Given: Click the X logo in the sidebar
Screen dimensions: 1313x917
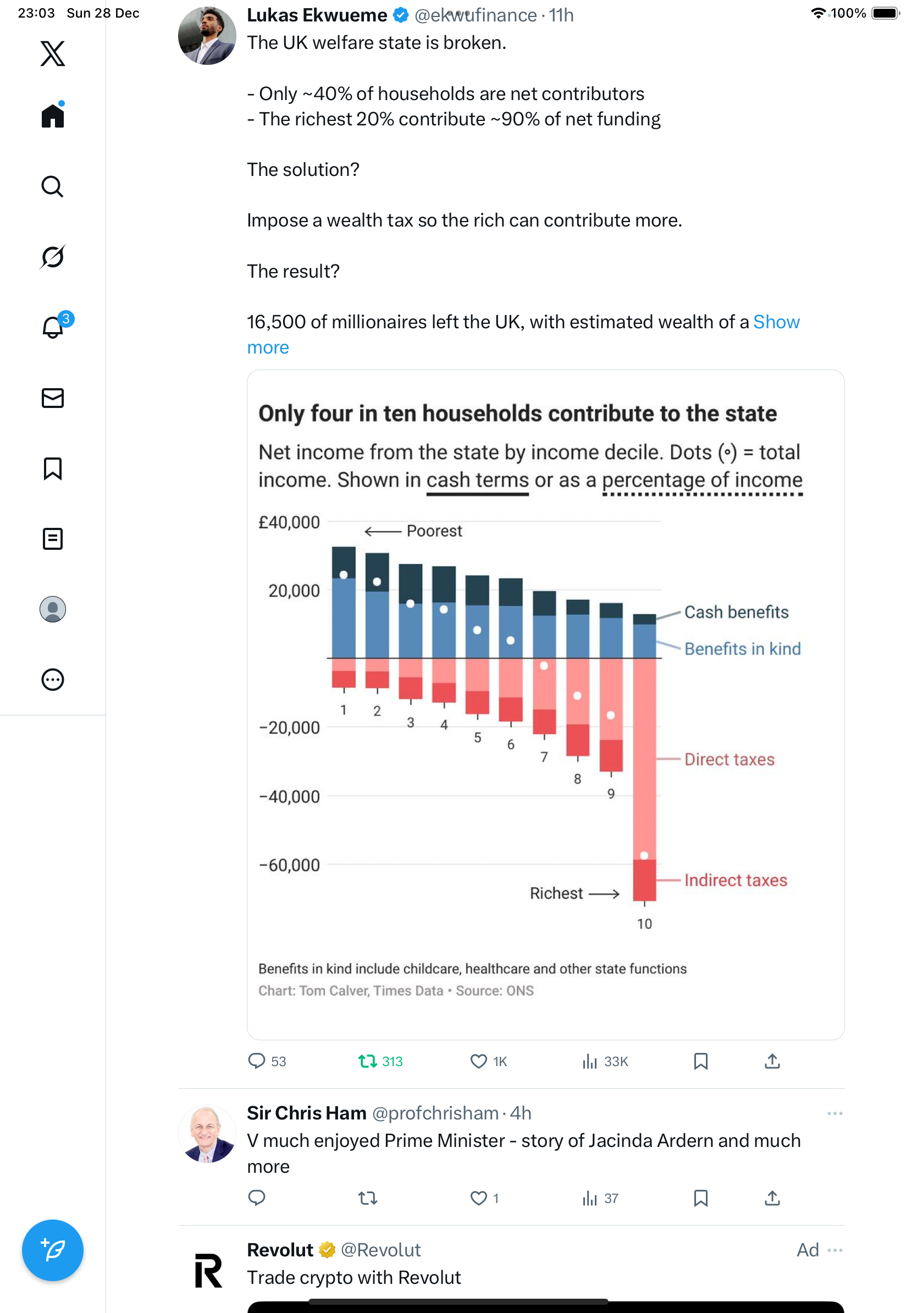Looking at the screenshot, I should tap(53, 53).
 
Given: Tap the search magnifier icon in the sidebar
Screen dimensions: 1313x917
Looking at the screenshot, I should tap(53, 186).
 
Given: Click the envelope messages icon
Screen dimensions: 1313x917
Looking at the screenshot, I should tap(53, 398).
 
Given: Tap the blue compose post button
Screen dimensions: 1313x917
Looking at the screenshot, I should tap(53, 1250).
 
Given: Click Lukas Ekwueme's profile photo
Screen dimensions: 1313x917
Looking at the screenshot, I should tap(207, 35).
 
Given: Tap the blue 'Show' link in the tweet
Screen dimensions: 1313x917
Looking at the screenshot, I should tap(776, 322).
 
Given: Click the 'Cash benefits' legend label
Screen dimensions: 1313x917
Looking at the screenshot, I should tap(736, 612).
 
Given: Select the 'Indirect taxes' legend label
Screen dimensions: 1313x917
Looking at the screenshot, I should tap(735, 880).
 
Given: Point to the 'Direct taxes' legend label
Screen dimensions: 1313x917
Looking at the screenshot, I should tap(729, 759).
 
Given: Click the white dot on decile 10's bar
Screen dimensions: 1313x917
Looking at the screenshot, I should tap(644, 856).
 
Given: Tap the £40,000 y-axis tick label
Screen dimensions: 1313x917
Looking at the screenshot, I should tap(289, 522).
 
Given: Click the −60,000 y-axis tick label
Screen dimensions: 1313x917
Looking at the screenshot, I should tap(289, 865).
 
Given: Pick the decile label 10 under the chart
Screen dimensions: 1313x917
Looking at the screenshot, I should tap(644, 924).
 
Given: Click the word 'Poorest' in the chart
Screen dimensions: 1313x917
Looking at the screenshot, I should tap(434, 531).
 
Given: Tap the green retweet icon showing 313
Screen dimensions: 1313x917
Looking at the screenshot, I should tap(367, 1061).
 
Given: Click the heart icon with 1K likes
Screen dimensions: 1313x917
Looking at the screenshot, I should tap(478, 1061).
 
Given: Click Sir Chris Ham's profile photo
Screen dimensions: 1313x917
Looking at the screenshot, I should tap(207, 1133).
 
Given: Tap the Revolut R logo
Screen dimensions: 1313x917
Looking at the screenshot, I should tap(208, 1271).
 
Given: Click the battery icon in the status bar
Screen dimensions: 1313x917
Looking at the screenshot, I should tap(886, 13).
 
